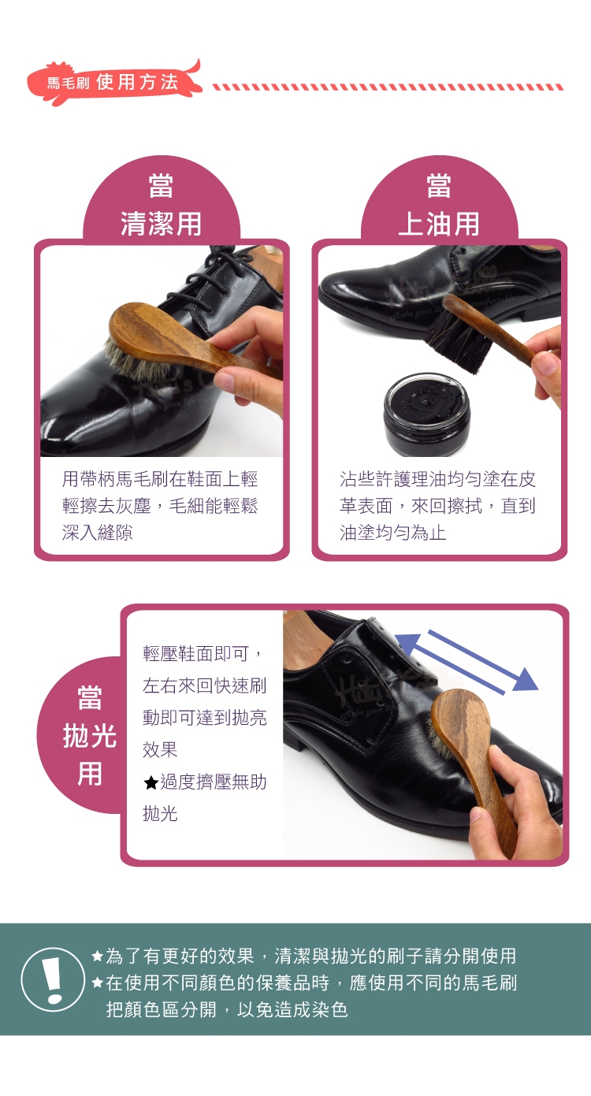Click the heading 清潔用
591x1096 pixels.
pyautogui.click(x=161, y=224)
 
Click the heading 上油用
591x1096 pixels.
pyautogui.click(x=439, y=224)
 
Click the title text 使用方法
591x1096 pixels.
pyautogui.click(x=137, y=82)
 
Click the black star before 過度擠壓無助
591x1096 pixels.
pyautogui.click(x=151, y=783)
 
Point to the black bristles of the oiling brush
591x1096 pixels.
pyautogui.click(x=458, y=340)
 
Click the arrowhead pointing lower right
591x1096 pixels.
pyautogui.click(x=525, y=680)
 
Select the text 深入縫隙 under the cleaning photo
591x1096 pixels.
pyautogui.click(x=98, y=533)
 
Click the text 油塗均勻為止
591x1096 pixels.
pyautogui.click(x=393, y=533)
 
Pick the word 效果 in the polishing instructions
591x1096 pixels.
pyautogui.click(x=160, y=749)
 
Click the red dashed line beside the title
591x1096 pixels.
pyautogui.click(x=388, y=87)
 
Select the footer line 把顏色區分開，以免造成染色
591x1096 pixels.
pyautogui.click(x=227, y=1009)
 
